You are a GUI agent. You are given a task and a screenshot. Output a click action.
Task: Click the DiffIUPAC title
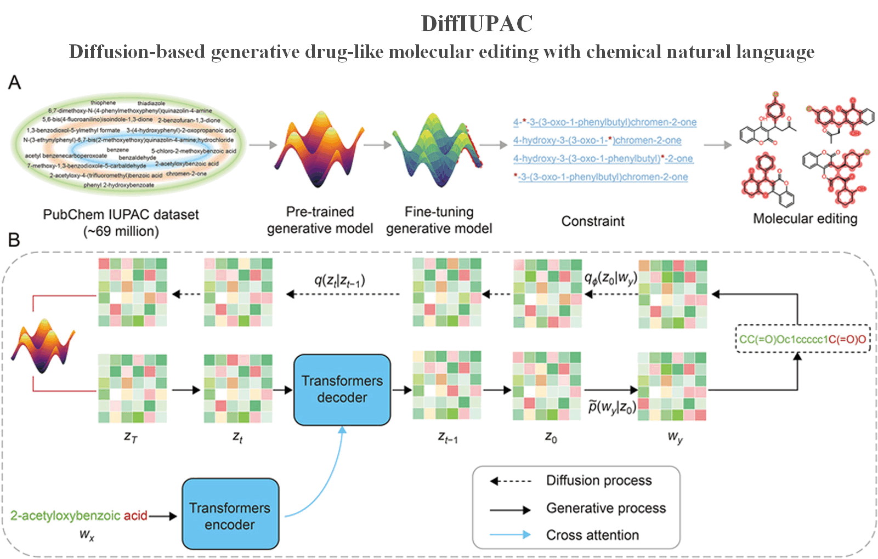476,24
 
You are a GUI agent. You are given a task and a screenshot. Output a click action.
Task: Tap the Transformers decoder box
342,389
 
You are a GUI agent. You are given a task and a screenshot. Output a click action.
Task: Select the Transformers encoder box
230,515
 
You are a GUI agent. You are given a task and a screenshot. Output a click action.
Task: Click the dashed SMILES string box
802,339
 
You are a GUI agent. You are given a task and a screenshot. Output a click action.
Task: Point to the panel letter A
14,83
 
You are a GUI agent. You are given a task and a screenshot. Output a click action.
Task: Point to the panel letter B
14,239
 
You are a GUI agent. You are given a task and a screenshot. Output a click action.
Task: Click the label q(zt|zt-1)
339,281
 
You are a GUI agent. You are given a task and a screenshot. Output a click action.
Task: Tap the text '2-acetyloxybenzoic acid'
78,516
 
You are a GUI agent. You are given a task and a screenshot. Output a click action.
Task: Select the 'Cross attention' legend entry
592,535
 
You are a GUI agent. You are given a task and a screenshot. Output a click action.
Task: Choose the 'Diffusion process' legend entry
598,481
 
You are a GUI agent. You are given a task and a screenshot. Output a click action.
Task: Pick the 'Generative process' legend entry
605,508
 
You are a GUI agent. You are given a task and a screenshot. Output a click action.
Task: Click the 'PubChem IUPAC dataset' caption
121,215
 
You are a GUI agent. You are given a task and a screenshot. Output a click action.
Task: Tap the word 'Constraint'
592,221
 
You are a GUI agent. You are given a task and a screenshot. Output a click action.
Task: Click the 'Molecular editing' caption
805,219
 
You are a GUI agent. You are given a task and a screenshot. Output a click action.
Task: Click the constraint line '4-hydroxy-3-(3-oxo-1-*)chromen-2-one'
597,140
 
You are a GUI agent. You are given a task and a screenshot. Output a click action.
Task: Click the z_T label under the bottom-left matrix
131,437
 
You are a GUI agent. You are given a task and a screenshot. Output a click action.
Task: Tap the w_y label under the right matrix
675,437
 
